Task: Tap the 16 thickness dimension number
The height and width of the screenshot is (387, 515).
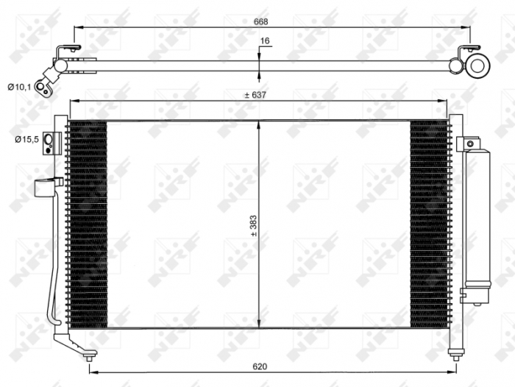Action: tap(266, 43)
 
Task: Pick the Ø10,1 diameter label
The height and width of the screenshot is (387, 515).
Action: tap(20, 88)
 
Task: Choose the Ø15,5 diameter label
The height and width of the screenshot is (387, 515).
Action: tap(23, 138)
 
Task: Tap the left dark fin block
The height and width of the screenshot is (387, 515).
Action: tap(88, 224)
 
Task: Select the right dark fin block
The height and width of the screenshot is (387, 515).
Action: tap(428, 224)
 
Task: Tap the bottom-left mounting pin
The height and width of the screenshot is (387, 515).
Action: tap(89, 357)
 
